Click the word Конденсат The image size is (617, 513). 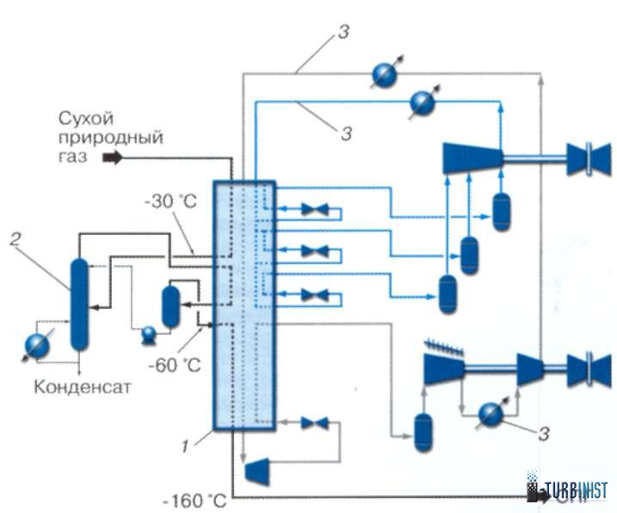coord(83,386)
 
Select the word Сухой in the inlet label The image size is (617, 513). coord(87,118)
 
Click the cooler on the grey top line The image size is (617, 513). coord(384,74)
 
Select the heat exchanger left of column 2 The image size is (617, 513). coord(39,345)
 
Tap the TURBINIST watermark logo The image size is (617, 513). coord(570,491)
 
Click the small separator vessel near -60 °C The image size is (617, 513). coord(171,304)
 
